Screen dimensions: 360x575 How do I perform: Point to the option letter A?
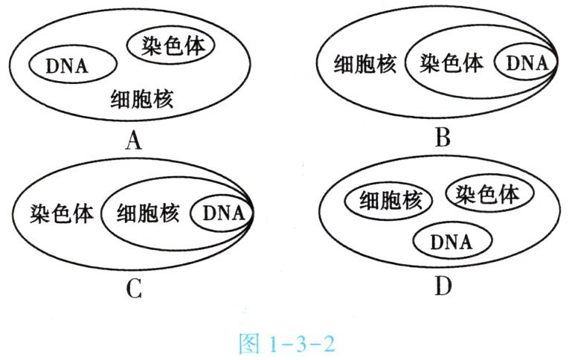(134, 139)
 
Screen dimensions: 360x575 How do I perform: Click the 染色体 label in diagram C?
(62, 214)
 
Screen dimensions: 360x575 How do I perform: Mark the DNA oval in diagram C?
(222, 214)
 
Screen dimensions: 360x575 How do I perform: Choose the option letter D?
(443, 286)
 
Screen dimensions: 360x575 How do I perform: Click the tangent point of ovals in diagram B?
(557, 65)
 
